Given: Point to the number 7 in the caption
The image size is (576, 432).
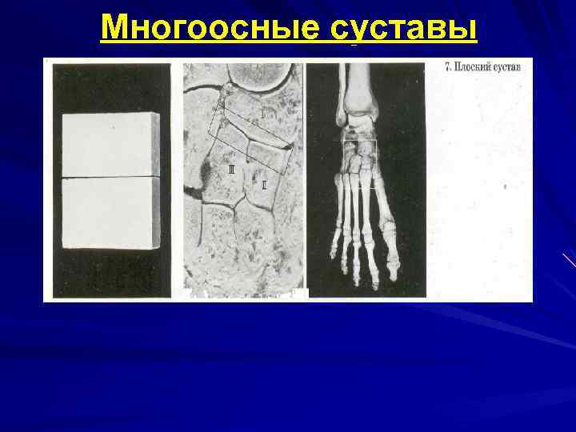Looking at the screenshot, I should point(447,67).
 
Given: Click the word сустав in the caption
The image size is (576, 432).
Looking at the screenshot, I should point(507,67).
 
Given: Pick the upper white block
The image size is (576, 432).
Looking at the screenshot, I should point(110,144).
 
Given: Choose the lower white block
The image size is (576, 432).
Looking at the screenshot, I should point(110,212).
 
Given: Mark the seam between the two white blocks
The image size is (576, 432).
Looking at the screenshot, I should point(110,177).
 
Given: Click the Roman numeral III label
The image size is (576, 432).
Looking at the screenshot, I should point(231,170).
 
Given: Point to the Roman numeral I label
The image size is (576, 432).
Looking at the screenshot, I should point(261,114).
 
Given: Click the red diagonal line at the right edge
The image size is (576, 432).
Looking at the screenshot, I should point(569,260).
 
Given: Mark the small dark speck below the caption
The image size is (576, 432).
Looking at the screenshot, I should point(506,185).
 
